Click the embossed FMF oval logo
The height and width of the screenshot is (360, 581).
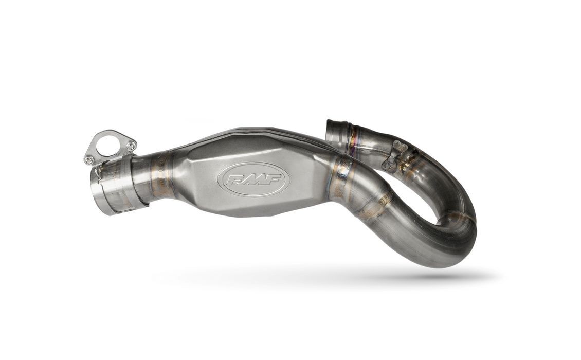point(253,179)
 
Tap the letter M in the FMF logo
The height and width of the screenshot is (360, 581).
point(253,179)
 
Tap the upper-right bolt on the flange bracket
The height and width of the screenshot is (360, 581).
point(131,147)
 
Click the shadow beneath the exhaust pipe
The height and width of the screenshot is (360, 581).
point(319,278)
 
